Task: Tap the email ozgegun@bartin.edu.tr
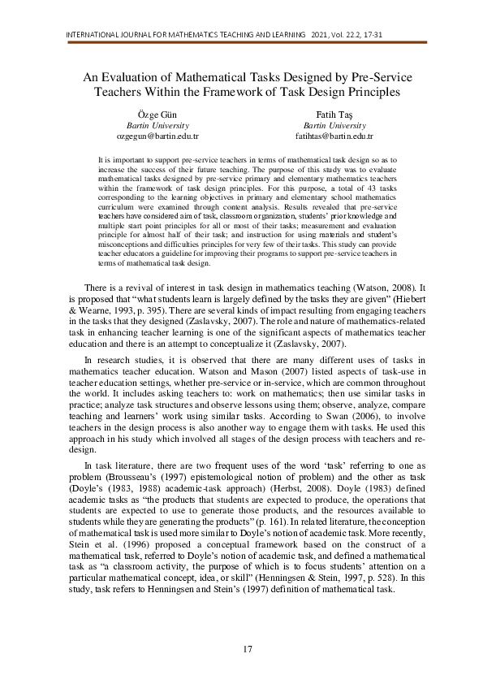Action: (158, 137)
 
